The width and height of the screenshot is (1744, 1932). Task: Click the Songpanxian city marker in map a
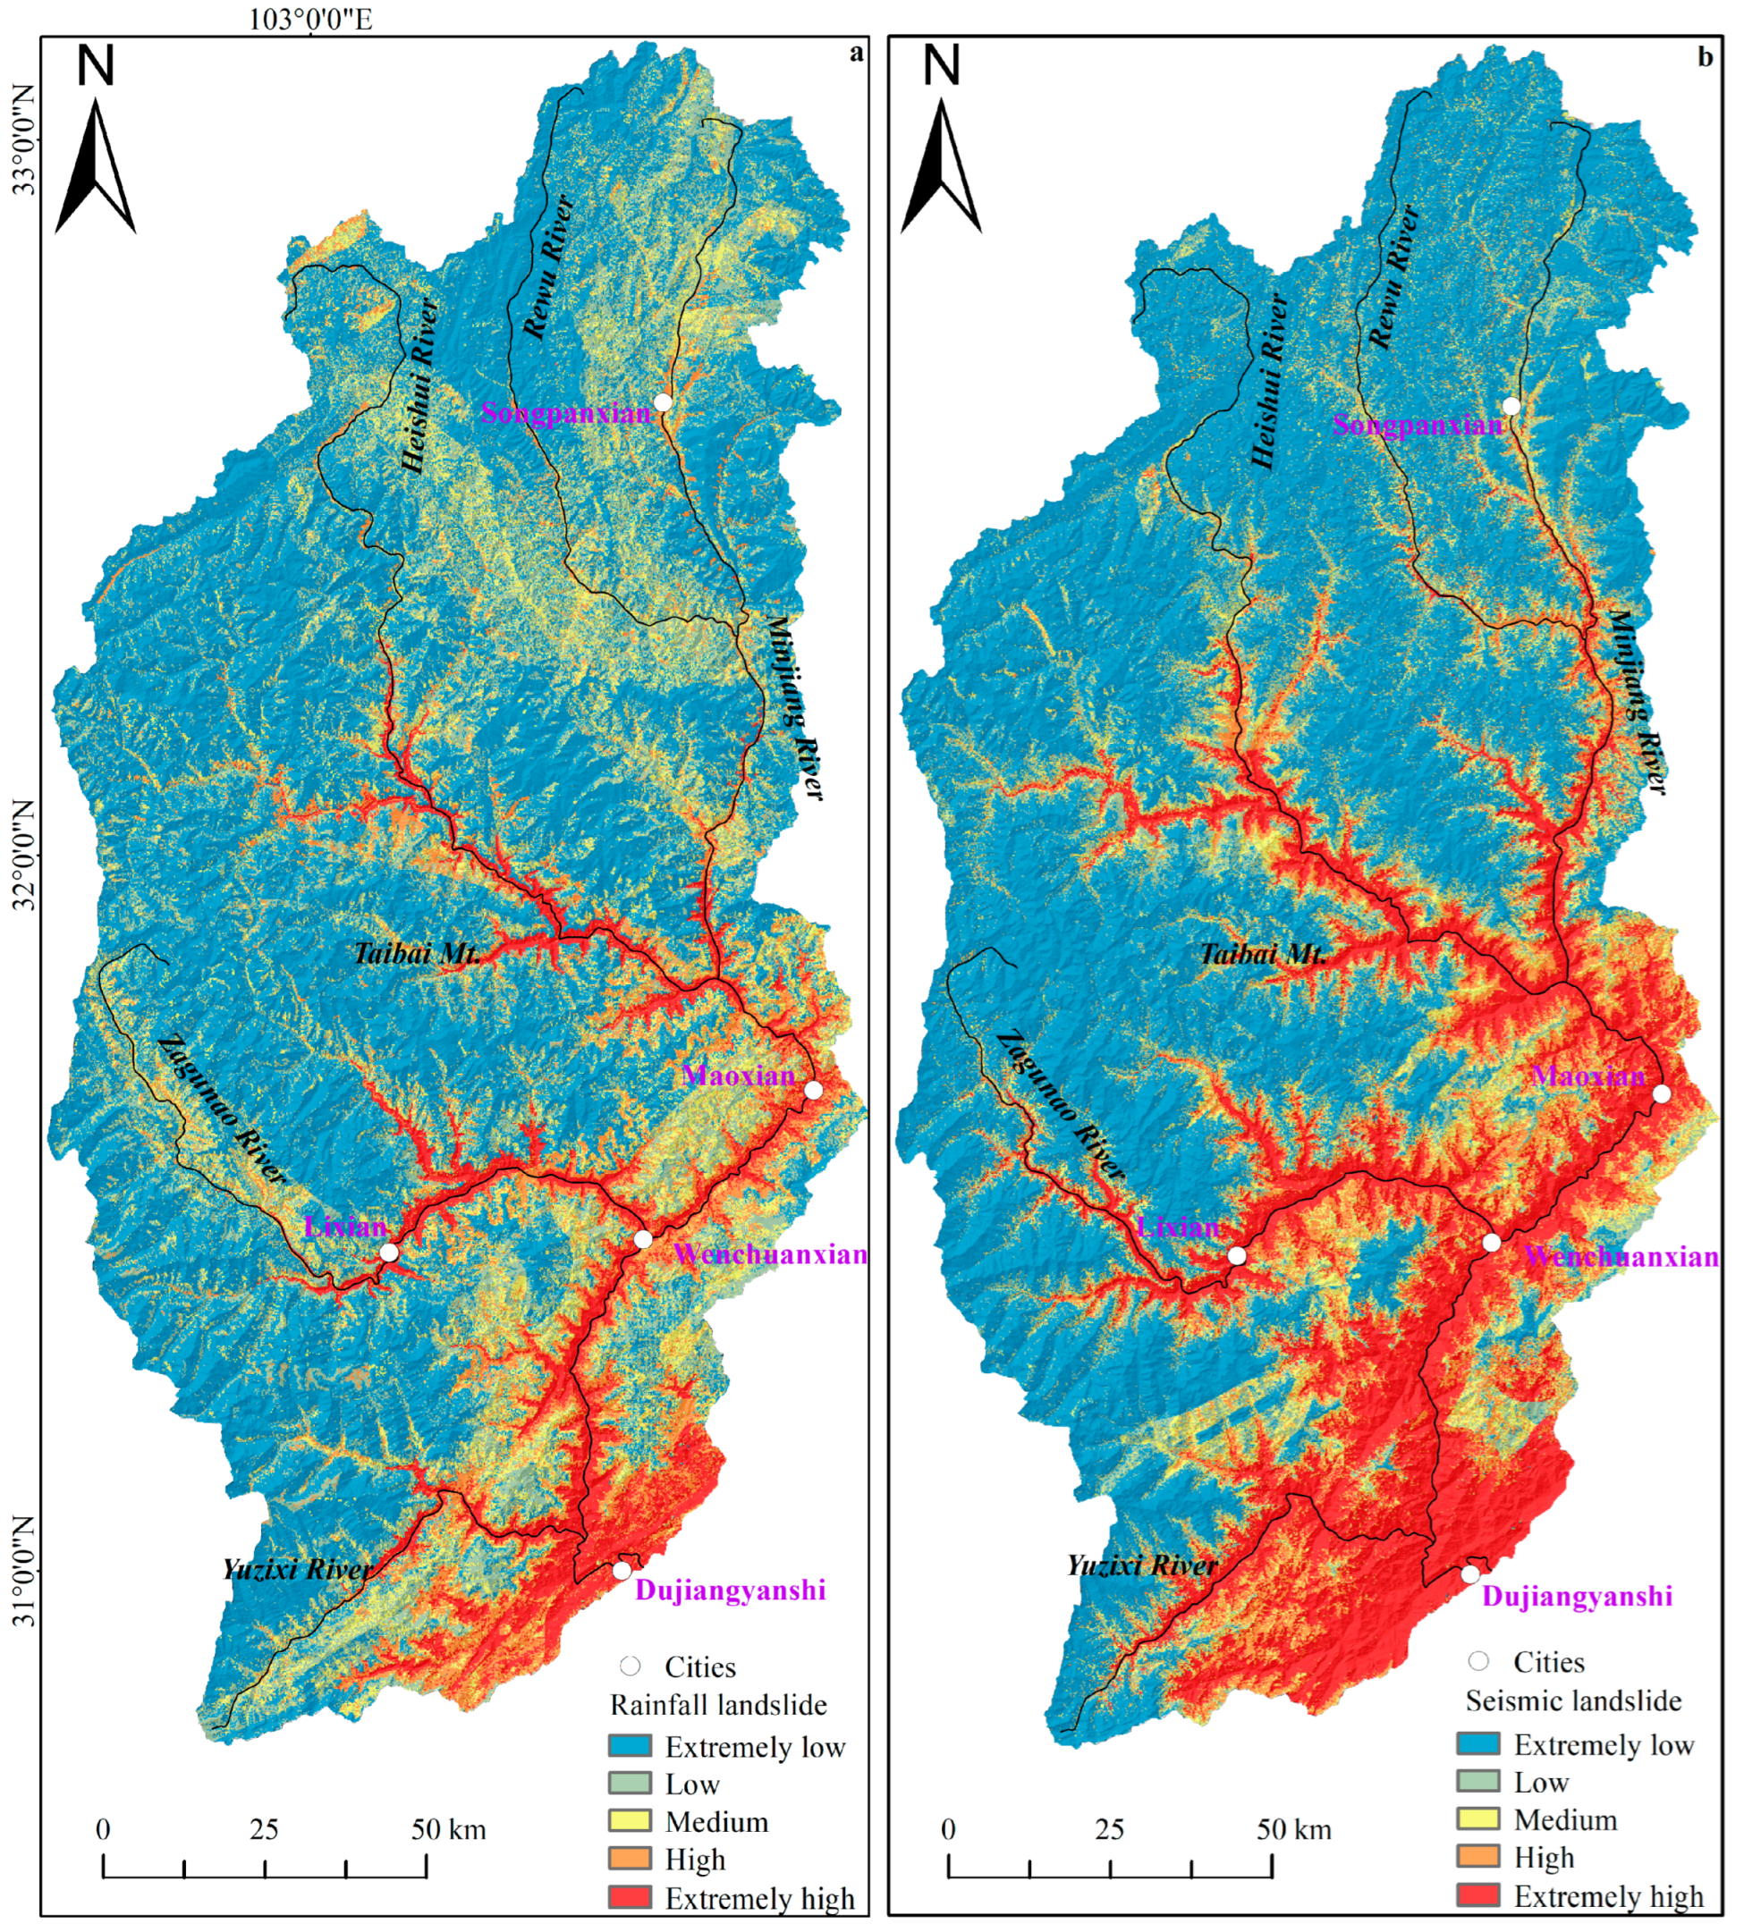coord(662,401)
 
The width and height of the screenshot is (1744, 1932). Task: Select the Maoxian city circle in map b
coord(1662,1094)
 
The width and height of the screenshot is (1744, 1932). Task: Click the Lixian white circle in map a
coord(389,1253)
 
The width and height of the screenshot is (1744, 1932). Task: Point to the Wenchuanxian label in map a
coord(770,1255)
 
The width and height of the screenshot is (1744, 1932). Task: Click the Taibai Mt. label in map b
coord(1264,954)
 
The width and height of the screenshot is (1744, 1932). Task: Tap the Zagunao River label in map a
coord(223,1110)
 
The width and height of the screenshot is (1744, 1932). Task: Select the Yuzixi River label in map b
coord(1142,1566)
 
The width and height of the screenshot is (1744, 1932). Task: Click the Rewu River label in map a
coord(549,267)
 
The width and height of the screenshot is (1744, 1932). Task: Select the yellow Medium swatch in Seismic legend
coord(1477,1818)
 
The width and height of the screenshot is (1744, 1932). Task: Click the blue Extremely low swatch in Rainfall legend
coord(630,1746)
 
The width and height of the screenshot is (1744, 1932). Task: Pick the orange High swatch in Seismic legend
coord(1477,1856)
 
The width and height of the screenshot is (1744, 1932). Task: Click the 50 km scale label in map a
coord(448,1830)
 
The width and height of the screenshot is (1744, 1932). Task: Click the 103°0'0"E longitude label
coord(310,19)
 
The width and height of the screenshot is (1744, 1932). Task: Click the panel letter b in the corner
coord(1705,57)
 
